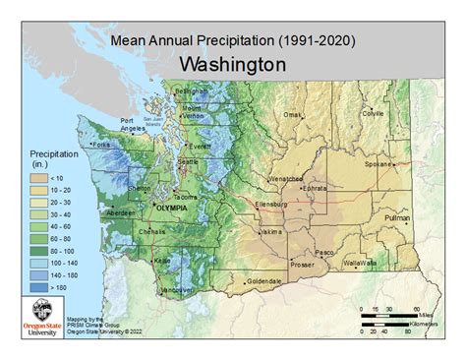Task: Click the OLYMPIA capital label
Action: pyautogui.click(x=152, y=210)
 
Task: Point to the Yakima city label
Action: pyautogui.click(x=270, y=232)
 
